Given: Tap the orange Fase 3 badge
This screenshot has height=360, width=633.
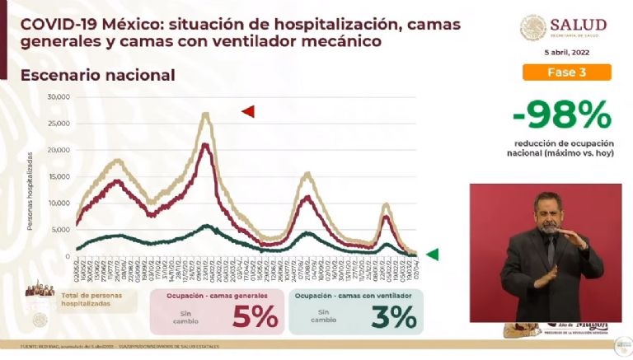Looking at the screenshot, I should point(566,72).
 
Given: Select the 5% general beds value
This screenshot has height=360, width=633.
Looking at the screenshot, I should point(255,316).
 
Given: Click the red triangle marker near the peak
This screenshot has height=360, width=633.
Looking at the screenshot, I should point(247,111).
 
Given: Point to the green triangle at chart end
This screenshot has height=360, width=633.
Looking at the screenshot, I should point(432,255).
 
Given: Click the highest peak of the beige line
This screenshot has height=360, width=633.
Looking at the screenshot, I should point(205,114).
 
